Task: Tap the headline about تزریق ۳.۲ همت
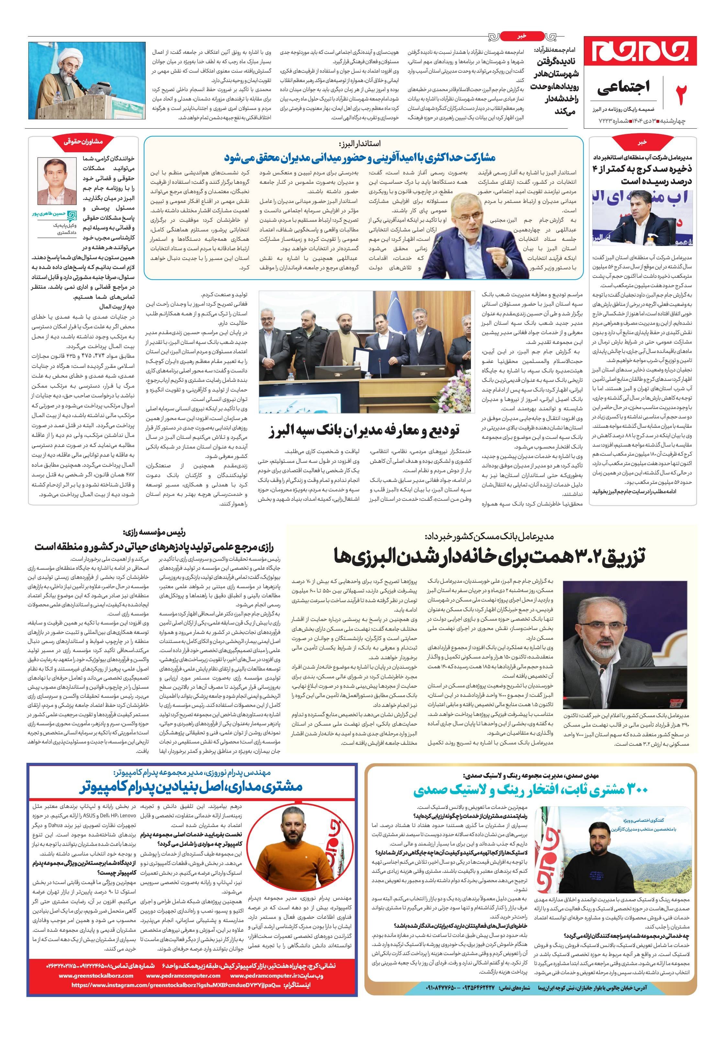point(489,555)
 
